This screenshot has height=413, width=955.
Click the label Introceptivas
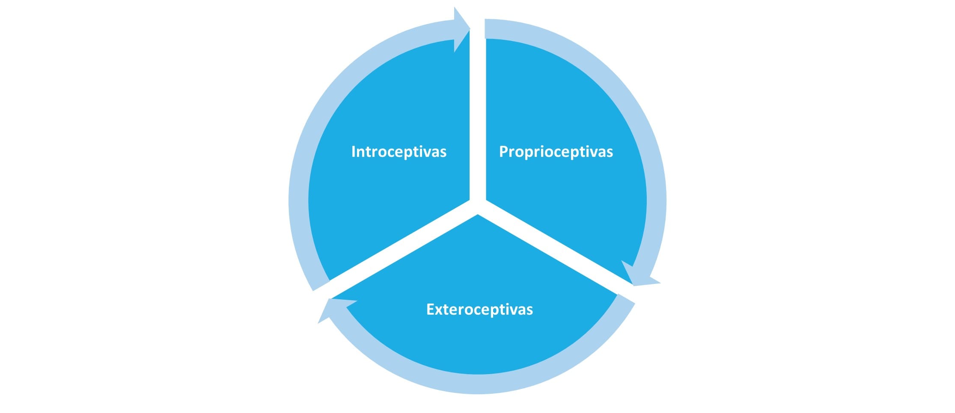click(399, 152)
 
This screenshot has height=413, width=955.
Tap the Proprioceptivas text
click(556, 152)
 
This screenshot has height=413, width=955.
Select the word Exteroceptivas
click(479, 310)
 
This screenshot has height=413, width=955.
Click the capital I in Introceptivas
click(353, 152)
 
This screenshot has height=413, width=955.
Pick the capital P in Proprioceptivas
click(504, 152)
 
